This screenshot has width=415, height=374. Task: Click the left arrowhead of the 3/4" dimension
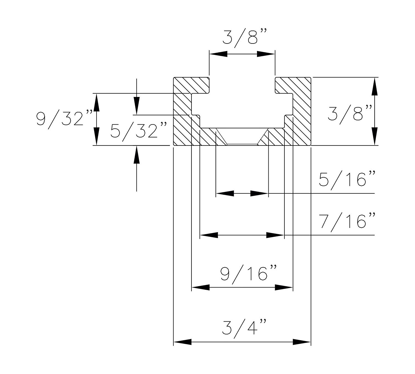pos(182,342)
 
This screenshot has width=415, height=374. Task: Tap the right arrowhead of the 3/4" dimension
pos(302,342)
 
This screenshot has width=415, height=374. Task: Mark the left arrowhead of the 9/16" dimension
pos(200,288)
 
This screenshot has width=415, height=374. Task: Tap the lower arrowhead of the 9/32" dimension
pos(96,136)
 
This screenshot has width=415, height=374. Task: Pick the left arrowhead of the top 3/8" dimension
pos(218,54)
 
